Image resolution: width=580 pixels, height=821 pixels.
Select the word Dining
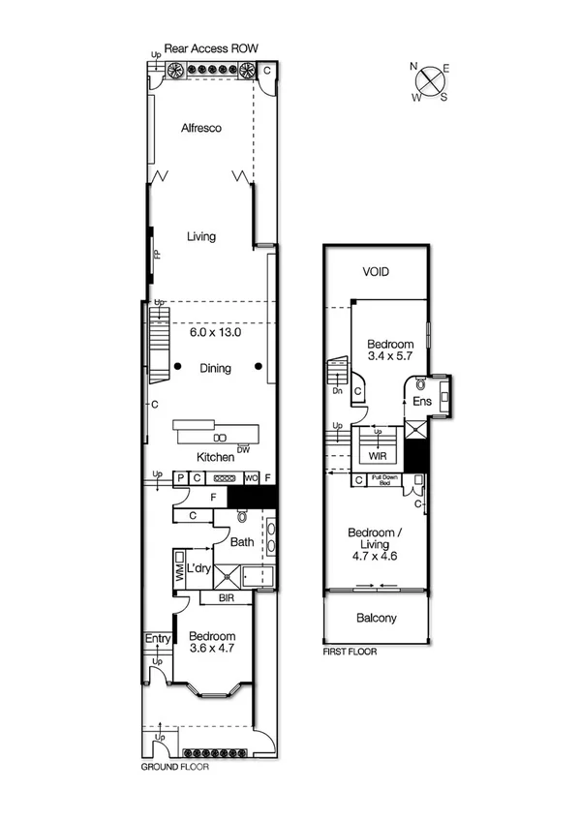point(215,368)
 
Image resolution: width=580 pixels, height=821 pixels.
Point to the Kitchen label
point(215,456)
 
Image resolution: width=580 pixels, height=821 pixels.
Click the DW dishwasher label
point(243,448)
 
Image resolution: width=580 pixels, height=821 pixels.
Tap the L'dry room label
point(199,567)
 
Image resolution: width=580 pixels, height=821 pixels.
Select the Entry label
point(158,639)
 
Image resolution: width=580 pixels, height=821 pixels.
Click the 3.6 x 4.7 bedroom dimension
point(211,649)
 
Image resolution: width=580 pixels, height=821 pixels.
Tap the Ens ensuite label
point(421,400)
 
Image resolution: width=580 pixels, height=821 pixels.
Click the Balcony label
point(376,618)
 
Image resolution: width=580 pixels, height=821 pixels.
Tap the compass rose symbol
point(428,81)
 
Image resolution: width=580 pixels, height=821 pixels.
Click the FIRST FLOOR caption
point(350,653)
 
